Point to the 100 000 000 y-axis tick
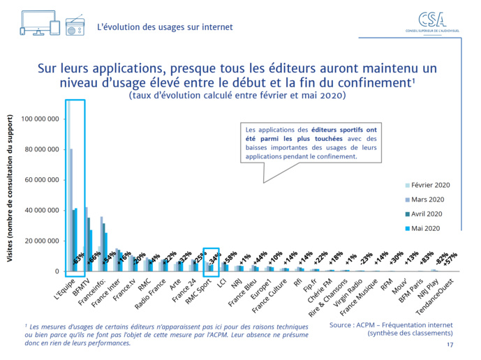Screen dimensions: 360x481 coord(39,119)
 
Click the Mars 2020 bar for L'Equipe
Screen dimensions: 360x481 coord(71,209)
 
